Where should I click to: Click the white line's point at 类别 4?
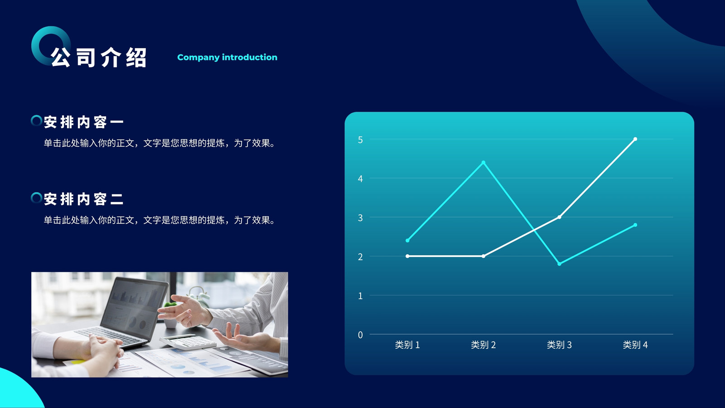[x=635, y=139]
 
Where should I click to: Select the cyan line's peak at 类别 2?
[x=483, y=163]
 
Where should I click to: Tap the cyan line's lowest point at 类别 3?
[x=559, y=264]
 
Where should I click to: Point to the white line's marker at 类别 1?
[x=407, y=256]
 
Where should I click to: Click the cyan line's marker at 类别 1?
[x=407, y=241]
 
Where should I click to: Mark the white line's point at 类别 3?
[x=559, y=217]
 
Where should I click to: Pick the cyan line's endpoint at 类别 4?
[x=635, y=225]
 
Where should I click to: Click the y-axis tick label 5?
[x=360, y=140]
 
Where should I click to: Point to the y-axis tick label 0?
[x=360, y=335]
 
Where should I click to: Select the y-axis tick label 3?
[x=360, y=218]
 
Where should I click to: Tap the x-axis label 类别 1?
[x=407, y=345]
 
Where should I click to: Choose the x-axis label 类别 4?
[x=635, y=345]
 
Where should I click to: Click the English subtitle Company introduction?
[x=227, y=57]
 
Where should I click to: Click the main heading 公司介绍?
[x=99, y=58]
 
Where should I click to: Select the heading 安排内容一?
[x=83, y=122]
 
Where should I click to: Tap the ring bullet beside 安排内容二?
[x=36, y=198]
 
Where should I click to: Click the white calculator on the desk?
[x=188, y=342]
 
